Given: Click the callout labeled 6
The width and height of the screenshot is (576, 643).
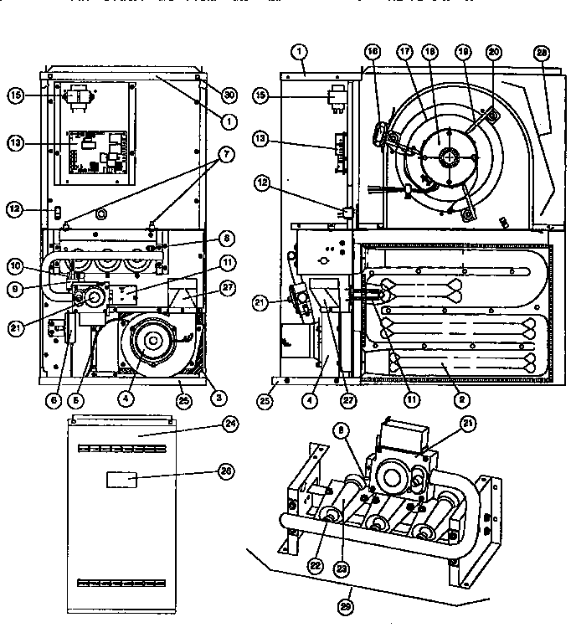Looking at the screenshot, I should pyautogui.click(x=54, y=400).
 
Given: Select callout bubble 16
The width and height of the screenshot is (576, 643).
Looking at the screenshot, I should pyautogui.click(x=373, y=52).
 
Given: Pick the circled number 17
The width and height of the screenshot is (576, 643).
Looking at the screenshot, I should pyautogui.click(x=406, y=52).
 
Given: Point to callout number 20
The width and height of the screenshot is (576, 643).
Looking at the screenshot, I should pyautogui.click(x=493, y=52).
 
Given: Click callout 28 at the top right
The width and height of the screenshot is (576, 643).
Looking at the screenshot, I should pyautogui.click(x=543, y=52).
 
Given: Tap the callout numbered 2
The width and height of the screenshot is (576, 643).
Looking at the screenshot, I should pyautogui.click(x=459, y=400).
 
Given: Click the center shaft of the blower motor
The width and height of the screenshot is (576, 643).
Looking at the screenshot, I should pyautogui.click(x=450, y=156).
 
